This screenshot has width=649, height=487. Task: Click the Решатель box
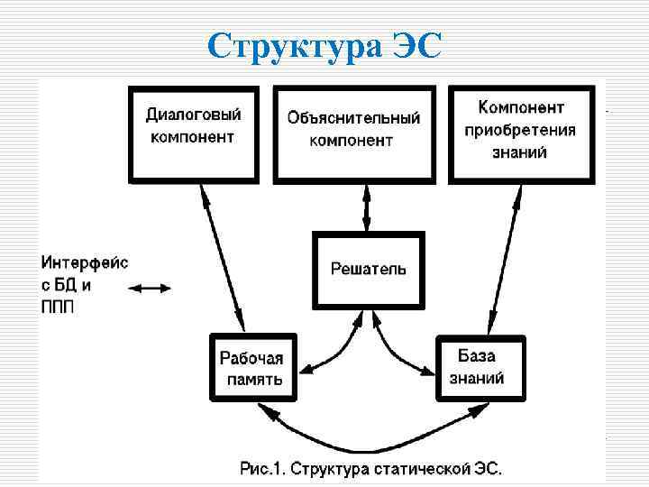[x=368, y=268]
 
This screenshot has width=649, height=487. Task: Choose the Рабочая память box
[x=251, y=368]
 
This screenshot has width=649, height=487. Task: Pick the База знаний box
[x=475, y=367]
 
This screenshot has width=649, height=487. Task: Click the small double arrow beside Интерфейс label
[x=149, y=289]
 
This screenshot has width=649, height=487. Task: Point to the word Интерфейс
[x=85, y=262]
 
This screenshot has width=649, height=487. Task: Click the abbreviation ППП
[x=59, y=306]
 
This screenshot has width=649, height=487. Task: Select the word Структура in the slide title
[x=294, y=45]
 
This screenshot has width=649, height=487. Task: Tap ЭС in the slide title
[x=417, y=45]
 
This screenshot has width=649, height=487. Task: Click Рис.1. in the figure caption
[x=267, y=468]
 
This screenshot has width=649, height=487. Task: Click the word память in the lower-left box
[x=253, y=379]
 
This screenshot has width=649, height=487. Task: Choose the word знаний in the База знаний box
[x=476, y=378]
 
